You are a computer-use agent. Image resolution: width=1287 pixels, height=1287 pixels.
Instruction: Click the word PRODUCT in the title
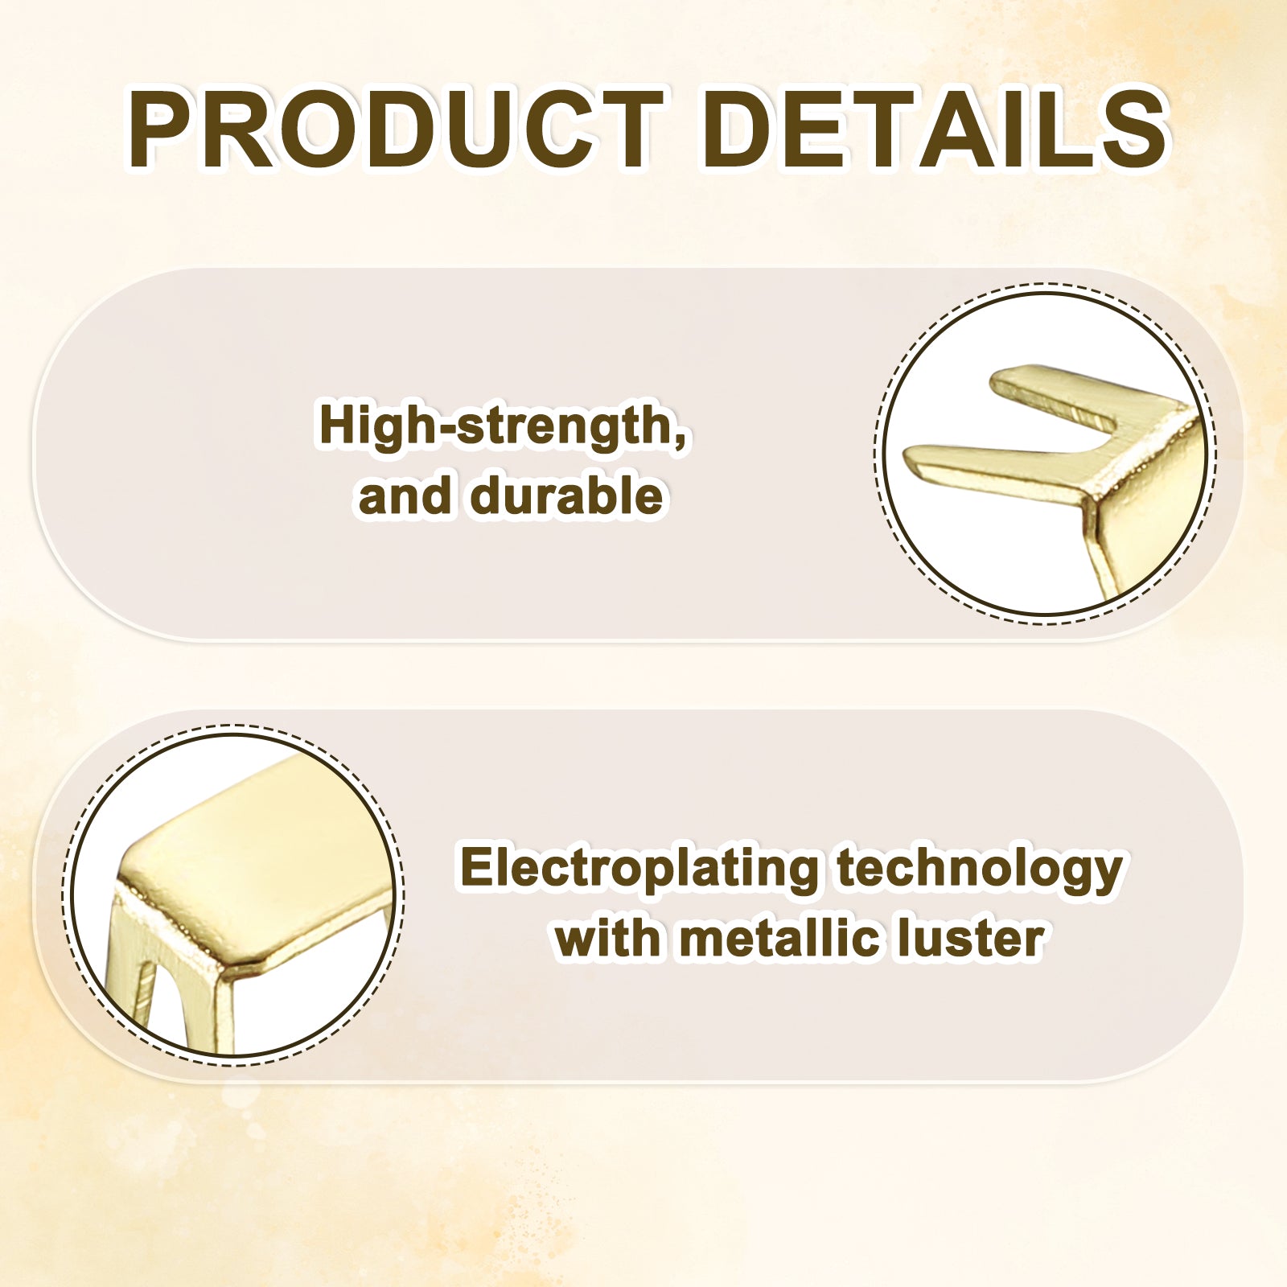tap(397, 130)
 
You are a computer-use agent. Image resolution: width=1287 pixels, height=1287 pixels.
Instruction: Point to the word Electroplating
tap(639, 870)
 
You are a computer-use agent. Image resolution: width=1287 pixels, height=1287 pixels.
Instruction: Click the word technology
tap(979, 870)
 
